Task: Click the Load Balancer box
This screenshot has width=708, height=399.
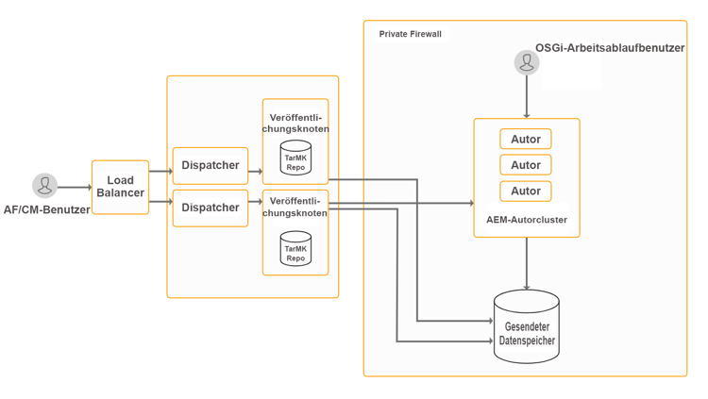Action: pos(120,187)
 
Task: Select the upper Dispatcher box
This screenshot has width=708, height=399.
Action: pos(210,165)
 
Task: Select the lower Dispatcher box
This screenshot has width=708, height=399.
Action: pos(210,208)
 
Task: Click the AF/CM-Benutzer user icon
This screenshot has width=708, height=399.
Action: pos(44,185)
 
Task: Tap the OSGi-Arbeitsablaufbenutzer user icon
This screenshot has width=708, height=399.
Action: pos(527,62)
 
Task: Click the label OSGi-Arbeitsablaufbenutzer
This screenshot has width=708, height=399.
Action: pos(610,47)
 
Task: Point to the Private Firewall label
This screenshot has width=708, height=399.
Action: pos(410,34)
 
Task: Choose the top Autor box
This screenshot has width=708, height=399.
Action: pos(526,140)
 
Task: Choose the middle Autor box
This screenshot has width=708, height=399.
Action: pos(526,165)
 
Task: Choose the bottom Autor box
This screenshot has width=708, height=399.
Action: pos(526,191)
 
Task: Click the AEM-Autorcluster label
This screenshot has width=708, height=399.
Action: pos(526,220)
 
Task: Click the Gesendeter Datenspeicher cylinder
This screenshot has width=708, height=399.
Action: pos(527,329)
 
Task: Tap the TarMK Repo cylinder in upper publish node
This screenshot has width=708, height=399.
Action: pos(295,158)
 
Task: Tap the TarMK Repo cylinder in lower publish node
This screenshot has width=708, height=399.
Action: pos(295,250)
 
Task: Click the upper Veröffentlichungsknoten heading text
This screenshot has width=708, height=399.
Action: pos(295,123)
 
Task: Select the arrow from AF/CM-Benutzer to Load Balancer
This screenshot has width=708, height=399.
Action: pos(74,187)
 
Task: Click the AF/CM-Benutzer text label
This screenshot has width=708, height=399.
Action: pos(46,209)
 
